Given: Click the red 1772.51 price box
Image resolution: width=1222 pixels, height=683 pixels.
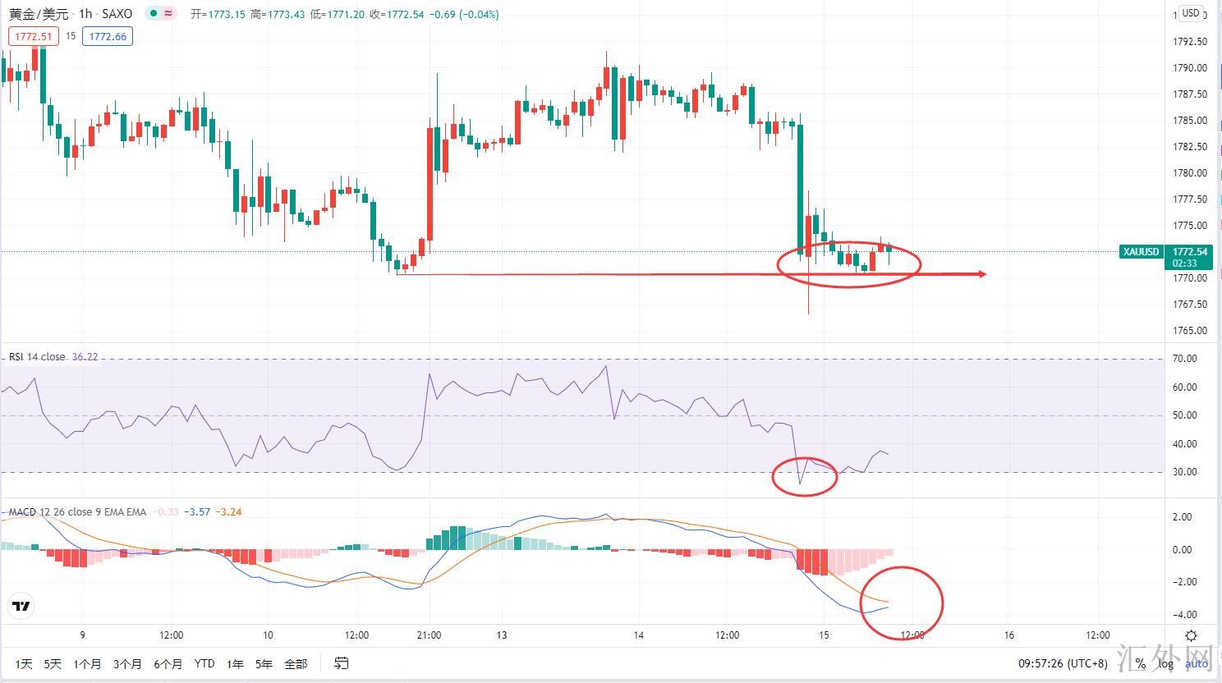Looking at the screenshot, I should click(34, 36).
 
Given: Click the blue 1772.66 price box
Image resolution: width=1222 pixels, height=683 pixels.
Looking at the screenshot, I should click(108, 36).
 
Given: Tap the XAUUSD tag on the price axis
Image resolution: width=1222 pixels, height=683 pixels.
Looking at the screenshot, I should click(1141, 252).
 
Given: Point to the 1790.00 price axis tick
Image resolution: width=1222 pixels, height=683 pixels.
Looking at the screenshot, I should click(1190, 68).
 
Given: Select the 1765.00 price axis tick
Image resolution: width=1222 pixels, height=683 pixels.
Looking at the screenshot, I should click(1190, 331).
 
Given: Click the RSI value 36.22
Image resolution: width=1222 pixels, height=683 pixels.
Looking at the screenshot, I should click(85, 357).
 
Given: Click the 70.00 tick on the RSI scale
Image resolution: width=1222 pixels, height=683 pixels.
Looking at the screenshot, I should click(1185, 359).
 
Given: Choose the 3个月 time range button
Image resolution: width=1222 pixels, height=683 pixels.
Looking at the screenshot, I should click(127, 663).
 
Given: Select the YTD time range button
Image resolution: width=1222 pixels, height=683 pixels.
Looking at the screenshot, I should click(204, 663).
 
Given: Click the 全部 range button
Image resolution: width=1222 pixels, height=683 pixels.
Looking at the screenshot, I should click(296, 663).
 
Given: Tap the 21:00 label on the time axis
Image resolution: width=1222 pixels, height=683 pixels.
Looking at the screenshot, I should click(429, 635).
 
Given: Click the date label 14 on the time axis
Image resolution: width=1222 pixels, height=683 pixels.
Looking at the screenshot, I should click(639, 635).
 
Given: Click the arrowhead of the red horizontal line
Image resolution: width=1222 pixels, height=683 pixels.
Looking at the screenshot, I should click(981, 274).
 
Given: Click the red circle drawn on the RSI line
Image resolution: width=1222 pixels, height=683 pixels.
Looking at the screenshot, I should click(805, 477).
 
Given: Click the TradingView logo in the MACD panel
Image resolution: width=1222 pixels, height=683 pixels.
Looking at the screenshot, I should click(21, 607).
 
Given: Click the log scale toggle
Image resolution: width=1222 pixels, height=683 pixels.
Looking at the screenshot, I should click(1166, 663).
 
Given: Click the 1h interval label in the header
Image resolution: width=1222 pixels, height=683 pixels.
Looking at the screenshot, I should click(85, 14).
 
